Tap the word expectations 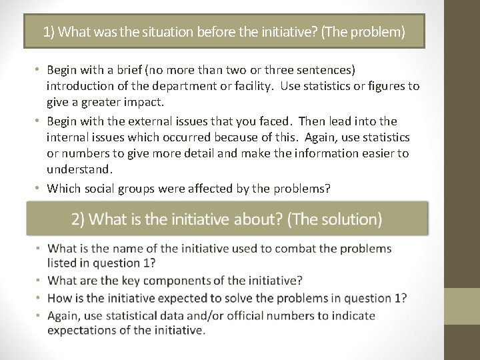pos(86,331)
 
